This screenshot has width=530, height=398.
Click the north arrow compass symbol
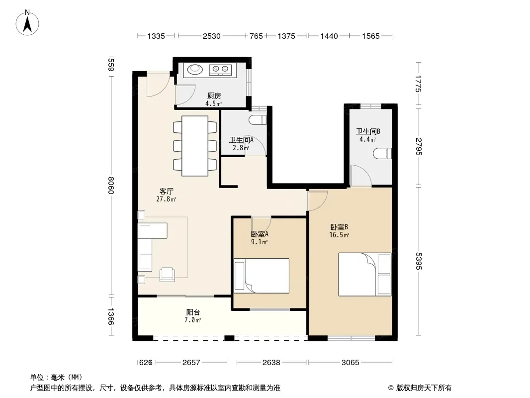tap(27, 23)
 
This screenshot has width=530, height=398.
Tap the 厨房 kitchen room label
tap(214, 96)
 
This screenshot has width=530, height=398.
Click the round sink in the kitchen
tap(195, 69)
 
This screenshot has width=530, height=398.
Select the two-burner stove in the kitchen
tap(220, 70)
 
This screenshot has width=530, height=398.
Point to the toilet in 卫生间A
tap(258, 120)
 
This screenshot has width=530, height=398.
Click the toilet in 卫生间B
tap(382, 153)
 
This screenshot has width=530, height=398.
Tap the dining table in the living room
tap(195, 146)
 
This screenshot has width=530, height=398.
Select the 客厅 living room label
tap(166, 192)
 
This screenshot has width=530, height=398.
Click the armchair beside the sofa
tap(168, 274)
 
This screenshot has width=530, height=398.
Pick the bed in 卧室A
tap(262, 276)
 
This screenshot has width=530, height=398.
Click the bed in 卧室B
tap(365, 274)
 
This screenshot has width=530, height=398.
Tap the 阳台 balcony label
tap(193, 312)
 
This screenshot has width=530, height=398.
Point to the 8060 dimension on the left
tap(110, 185)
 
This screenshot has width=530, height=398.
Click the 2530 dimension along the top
tap(212, 36)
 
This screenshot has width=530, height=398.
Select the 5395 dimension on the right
tap(419, 261)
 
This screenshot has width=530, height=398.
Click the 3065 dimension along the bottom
tap(350, 363)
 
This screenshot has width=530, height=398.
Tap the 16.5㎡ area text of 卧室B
tap(339, 235)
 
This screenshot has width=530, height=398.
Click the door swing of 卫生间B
tap(361, 175)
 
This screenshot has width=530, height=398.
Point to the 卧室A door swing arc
tap(262, 224)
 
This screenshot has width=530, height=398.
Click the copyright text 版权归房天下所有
tap(423, 388)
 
